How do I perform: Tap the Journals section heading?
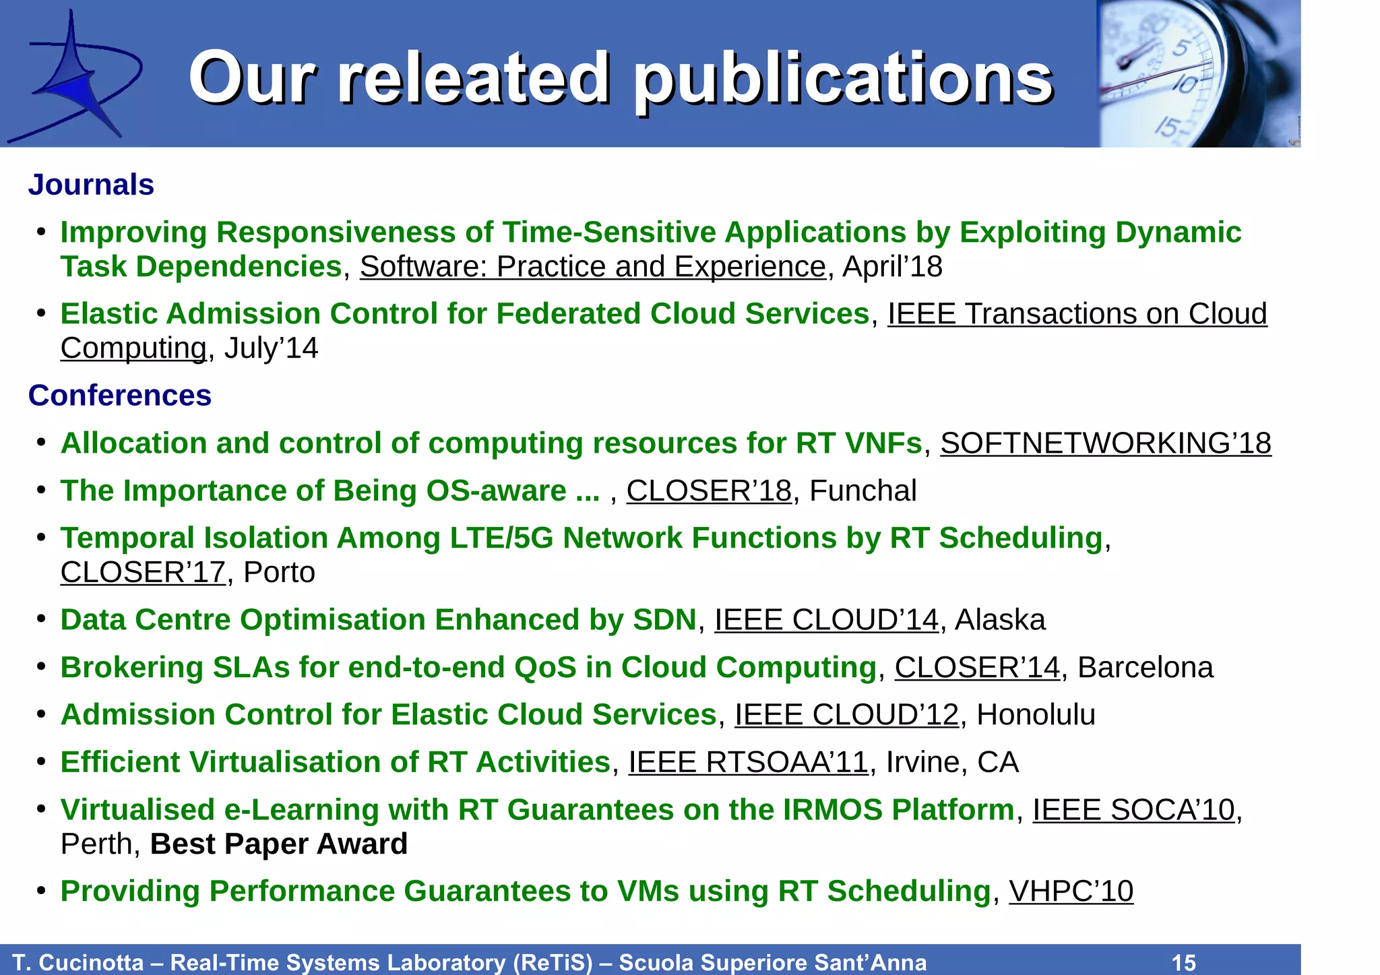(91, 185)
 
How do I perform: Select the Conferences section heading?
(120, 396)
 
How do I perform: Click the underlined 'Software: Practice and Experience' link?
(592, 267)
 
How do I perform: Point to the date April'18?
(892, 267)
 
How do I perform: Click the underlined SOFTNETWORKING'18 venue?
(1105, 443)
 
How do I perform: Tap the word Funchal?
(862, 491)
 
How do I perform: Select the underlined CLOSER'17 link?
(143, 573)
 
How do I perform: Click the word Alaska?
(1000, 620)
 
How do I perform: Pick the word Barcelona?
(1146, 668)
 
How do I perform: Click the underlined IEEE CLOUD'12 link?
(846, 715)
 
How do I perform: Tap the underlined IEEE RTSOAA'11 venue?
(748, 763)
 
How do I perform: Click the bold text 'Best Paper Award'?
(279, 844)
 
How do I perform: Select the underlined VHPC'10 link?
(1071, 891)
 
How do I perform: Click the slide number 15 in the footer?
(1184, 962)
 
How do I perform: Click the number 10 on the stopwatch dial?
(1185, 85)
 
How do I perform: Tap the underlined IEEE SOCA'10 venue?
(1133, 810)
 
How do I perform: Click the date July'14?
(271, 348)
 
